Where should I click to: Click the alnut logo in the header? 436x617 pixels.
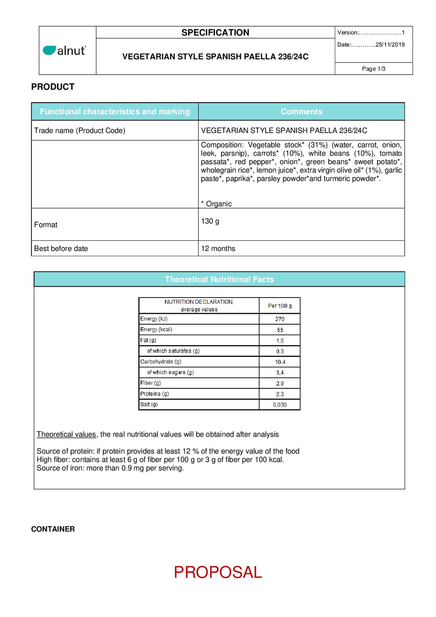click(65, 51)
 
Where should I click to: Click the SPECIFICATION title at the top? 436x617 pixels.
click(215, 33)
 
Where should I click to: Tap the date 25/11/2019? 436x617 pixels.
click(390, 45)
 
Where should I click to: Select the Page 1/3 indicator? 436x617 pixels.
click(373, 69)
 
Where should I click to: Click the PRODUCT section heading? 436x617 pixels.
click(53, 87)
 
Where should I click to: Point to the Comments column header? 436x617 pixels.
click(301, 112)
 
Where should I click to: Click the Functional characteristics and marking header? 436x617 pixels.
click(115, 112)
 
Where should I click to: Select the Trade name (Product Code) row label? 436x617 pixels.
click(80, 130)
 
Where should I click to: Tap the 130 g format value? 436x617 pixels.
click(210, 221)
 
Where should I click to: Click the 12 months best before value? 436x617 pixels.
click(218, 249)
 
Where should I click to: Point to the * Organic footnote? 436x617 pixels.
click(216, 204)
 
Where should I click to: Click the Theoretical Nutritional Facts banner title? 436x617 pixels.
click(219, 280)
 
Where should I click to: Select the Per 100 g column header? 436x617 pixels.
click(279, 306)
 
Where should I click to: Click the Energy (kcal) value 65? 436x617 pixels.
click(280, 330)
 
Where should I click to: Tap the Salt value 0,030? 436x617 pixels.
click(280, 405)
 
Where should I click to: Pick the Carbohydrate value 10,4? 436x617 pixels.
click(280, 362)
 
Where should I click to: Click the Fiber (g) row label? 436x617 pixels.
click(150, 383)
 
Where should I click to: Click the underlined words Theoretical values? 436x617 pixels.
click(66, 435)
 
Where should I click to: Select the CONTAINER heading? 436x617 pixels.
click(53, 529)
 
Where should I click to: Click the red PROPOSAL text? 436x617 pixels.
click(218, 572)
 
